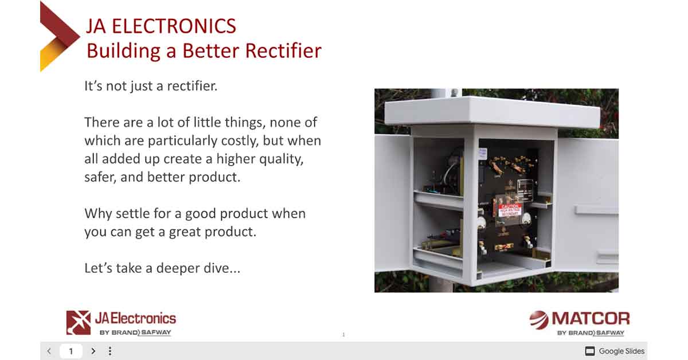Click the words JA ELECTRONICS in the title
pos(161,26)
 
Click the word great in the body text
pos(186,232)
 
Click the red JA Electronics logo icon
pos(78,322)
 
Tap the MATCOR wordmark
pos(591,319)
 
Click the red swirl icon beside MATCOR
pos(538,319)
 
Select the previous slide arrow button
pos(49,351)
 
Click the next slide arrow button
pos(93,351)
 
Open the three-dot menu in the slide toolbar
pos(110,351)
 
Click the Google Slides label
pos(621,351)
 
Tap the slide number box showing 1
pos(71,351)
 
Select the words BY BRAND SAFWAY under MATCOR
pos(591,332)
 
